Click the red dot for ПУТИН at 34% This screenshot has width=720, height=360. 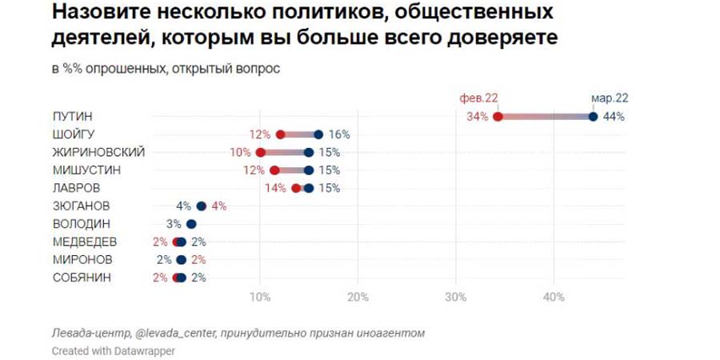(x=498, y=117)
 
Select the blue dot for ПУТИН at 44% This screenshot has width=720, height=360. (x=593, y=117)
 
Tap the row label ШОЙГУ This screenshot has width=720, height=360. (x=73, y=134)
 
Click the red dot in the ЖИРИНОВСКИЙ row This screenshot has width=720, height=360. (x=260, y=152)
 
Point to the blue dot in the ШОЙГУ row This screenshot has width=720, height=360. (x=318, y=134)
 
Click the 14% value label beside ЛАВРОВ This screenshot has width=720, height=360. (x=275, y=188)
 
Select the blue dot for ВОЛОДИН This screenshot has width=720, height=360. (x=191, y=224)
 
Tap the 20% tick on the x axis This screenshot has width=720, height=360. (x=358, y=298)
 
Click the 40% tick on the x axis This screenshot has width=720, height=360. (x=554, y=298)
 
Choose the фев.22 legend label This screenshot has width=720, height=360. (x=478, y=98)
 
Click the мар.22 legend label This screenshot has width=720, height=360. (x=610, y=98)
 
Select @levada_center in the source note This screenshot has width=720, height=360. (x=174, y=333)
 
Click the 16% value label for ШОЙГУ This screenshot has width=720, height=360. (x=339, y=134)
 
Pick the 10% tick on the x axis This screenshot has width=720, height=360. (x=260, y=298)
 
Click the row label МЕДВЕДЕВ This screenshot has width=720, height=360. (x=84, y=242)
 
